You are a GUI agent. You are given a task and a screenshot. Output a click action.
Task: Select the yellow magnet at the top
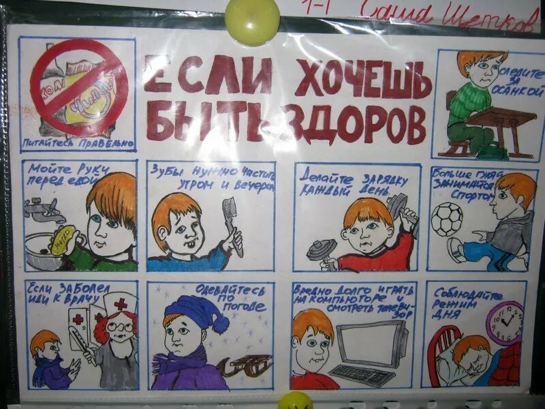coord(253,20)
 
